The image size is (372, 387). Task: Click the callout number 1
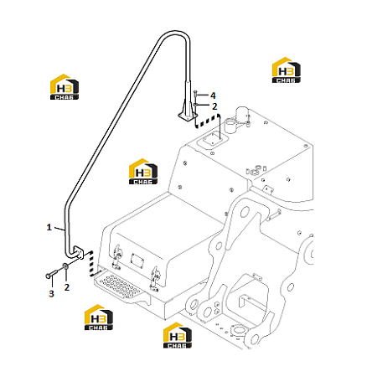[x=49, y=227]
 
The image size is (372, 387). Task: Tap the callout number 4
[x=213, y=95]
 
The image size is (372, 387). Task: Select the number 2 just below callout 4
[x=214, y=106]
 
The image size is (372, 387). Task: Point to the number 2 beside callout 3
[x=67, y=287]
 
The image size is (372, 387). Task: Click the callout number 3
[x=51, y=293]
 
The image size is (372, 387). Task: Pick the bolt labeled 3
[x=51, y=274]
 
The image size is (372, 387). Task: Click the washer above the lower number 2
[x=65, y=266]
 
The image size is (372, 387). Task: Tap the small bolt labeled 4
[x=195, y=94]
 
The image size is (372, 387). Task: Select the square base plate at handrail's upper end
[x=188, y=116]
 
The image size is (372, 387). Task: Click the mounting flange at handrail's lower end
[x=79, y=252]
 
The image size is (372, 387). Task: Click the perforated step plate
[x=119, y=286]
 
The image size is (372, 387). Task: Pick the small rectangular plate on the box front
[x=137, y=261]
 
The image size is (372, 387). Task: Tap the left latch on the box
[x=116, y=257]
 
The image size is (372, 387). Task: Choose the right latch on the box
[x=154, y=279]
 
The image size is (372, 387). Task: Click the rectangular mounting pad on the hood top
[x=213, y=141]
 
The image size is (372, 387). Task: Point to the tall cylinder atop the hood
[x=243, y=115]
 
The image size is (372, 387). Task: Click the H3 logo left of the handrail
[x=65, y=87]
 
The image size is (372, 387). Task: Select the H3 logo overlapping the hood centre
[x=143, y=172]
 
